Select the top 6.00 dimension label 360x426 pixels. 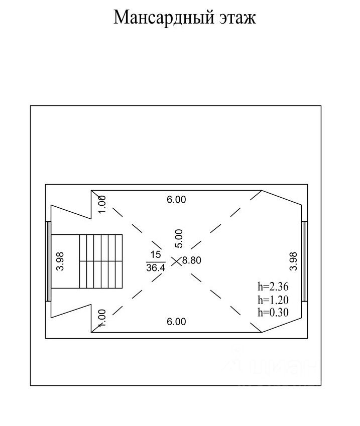(x=176, y=200)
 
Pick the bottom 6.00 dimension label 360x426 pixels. (x=176, y=322)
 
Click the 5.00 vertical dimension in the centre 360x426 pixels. (x=180, y=238)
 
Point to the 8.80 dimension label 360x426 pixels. (x=191, y=261)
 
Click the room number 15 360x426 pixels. (x=155, y=255)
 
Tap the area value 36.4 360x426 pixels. (x=155, y=268)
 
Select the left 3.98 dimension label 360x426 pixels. (x=60, y=261)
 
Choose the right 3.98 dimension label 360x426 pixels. (x=294, y=261)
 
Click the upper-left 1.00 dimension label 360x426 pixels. (x=102, y=204)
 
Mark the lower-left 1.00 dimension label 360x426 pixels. (x=102, y=318)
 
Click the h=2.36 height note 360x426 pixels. (x=273, y=288)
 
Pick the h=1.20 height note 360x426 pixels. (x=273, y=300)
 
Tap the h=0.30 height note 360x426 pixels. (x=273, y=312)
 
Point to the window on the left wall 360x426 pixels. (x=48, y=261)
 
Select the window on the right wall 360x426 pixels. (x=305, y=261)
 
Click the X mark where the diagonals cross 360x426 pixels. (x=176, y=261)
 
